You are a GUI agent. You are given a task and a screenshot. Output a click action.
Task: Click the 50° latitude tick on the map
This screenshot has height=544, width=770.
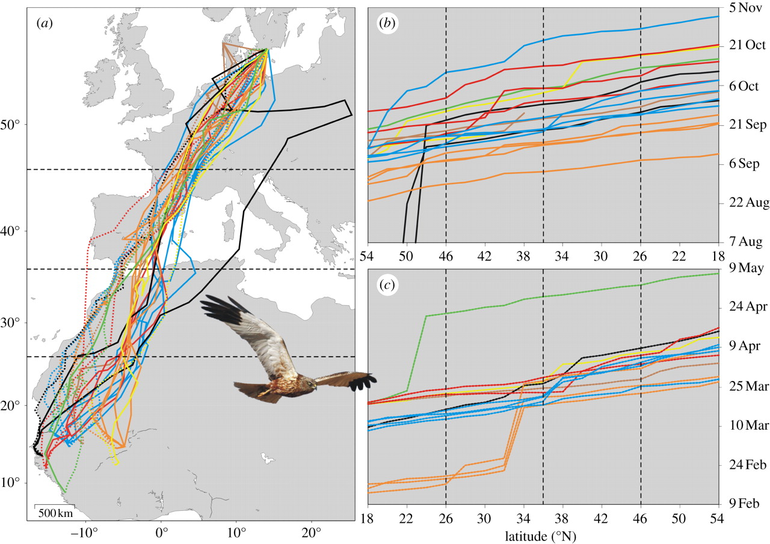pyautogui.click(x=13, y=125)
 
